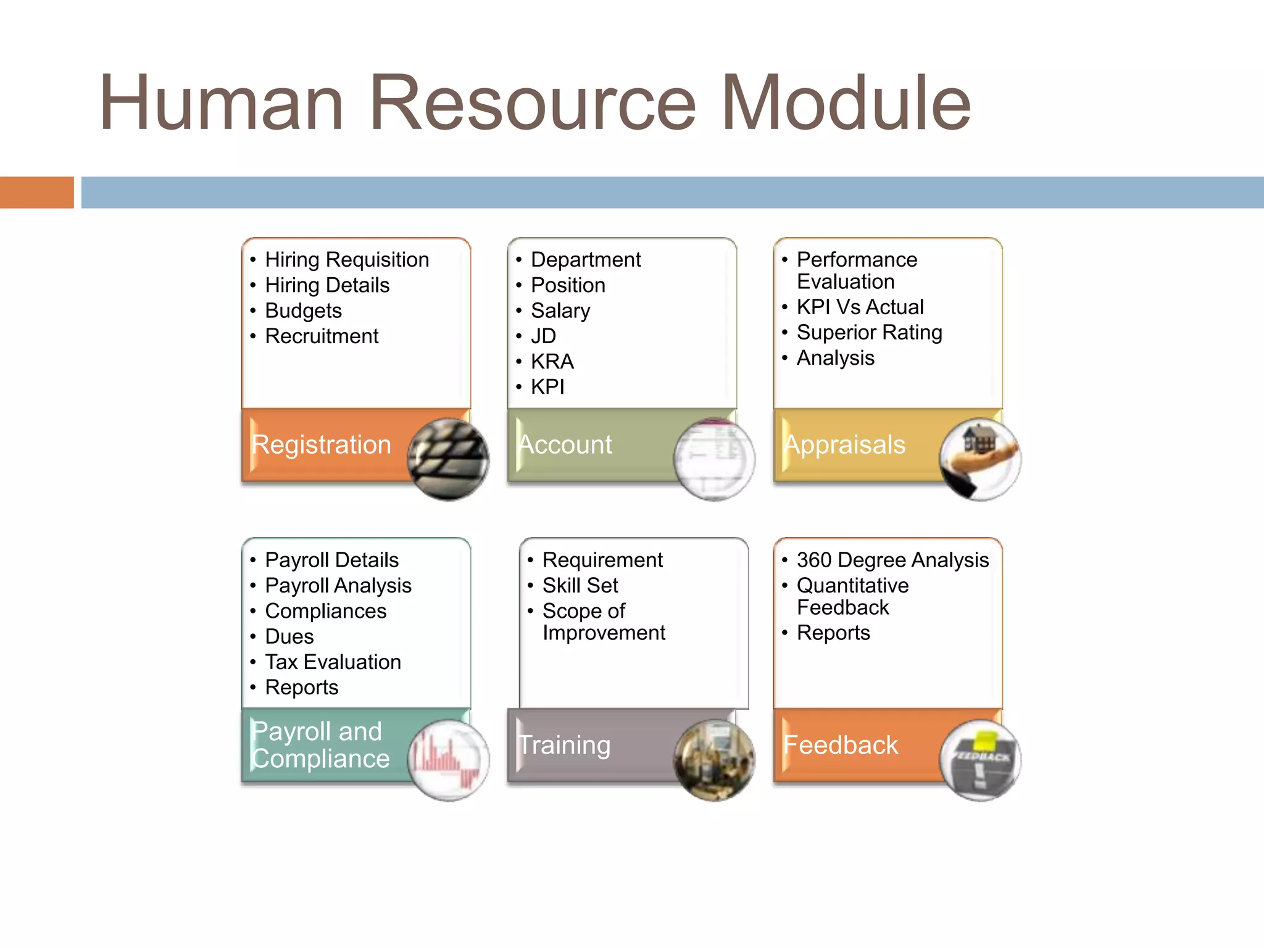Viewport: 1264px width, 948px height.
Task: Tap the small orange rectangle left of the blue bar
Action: pos(36,193)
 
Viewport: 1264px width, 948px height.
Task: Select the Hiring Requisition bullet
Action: pos(347,260)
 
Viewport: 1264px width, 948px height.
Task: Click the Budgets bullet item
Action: pos(303,310)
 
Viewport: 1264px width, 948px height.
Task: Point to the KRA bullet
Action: pos(552,362)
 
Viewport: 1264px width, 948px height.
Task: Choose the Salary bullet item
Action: pos(560,310)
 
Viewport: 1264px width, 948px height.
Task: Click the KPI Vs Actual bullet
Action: pos(860,307)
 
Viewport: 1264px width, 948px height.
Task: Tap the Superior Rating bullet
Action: pos(869,333)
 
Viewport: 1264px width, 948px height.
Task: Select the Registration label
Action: pos(322,445)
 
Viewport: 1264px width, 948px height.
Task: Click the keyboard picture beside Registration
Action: pos(449,459)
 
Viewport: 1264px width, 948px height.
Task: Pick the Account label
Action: pos(565,445)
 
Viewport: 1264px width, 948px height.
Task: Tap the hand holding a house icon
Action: pos(980,459)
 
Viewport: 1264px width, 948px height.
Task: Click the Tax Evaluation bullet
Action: pos(333,662)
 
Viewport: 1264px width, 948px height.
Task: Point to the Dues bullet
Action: pos(289,636)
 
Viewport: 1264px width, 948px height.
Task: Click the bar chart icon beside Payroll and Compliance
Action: pos(449,760)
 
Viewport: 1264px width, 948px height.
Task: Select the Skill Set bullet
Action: pos(580,586)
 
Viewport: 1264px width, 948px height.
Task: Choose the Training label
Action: pos(565,745)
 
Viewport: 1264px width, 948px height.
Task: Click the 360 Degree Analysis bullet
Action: pos(892,560)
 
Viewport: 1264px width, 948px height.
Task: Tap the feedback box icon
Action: pos(980,760)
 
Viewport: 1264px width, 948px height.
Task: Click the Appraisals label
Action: pos(844,445)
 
